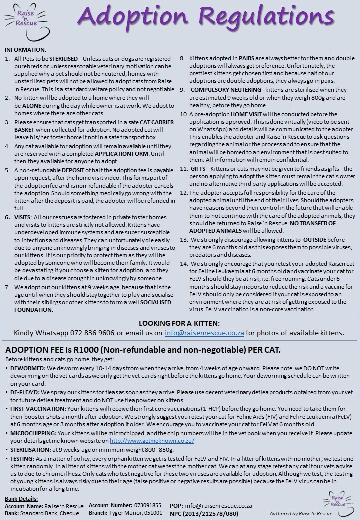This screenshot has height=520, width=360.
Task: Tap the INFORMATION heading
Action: click(25, 50)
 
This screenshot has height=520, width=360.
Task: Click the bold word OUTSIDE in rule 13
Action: click(318, 240)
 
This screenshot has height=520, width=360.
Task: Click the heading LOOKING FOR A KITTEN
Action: click(179, 323)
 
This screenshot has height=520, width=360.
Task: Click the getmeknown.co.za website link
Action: click(152, 441)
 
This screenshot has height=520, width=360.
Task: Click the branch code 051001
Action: click(151, 513)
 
